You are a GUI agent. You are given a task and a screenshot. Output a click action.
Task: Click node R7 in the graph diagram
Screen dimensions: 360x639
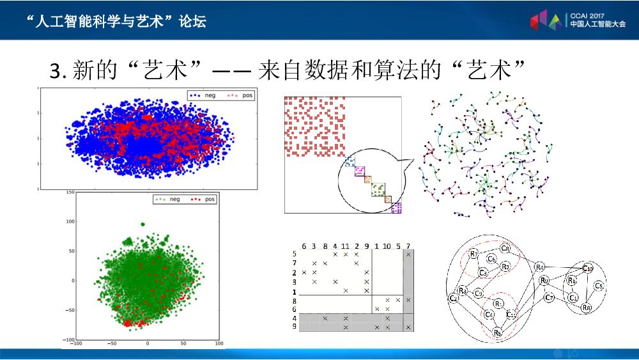(x=473, y=254)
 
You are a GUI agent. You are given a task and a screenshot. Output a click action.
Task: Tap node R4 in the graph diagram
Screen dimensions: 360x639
(x=540, y=266)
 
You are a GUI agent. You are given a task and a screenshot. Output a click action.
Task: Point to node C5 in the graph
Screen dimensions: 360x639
(x=598, y=286)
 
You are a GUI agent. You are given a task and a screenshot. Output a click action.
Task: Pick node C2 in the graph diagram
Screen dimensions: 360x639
(x=454, y=298)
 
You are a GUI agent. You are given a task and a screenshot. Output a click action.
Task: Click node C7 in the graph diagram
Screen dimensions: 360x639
(x=550, y=297)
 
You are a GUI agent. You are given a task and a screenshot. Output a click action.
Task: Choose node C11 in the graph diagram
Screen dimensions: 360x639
(x=512, y=315)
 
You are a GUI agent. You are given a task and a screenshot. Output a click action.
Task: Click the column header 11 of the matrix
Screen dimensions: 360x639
(x=346, y=246)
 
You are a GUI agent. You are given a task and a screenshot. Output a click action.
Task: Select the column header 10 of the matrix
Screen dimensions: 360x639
(x=387, y=246)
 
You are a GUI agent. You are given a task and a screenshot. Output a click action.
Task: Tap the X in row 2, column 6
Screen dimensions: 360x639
(x=304, y=272)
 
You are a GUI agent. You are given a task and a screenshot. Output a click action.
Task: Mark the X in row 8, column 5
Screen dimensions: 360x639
(x=398, y=299)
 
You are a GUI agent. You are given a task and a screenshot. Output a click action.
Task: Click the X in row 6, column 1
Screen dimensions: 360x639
(x=377, y=309)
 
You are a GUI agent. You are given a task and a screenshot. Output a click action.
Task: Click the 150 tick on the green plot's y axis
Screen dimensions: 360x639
(x=70, y=192)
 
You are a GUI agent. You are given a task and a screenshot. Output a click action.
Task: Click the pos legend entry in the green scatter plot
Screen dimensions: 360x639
(x=204, y=200)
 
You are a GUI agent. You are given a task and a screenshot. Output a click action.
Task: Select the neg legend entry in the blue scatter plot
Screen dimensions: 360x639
(x=204, y=95)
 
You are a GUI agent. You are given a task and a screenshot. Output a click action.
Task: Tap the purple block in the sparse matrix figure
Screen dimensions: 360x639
(x=396, y=208)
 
